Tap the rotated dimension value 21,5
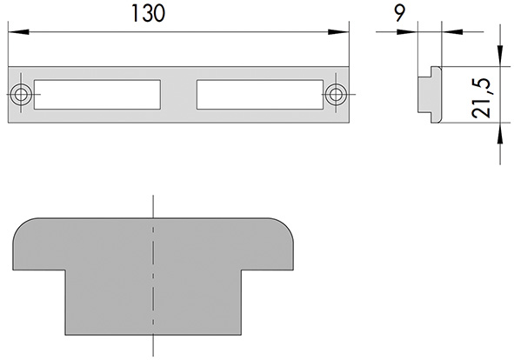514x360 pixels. pos(484,96)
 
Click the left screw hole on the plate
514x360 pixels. pos(21,94)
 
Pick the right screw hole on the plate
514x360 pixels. pos(335,94)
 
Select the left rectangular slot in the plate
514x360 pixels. pos(98,95)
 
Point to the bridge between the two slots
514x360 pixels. pos(179,95)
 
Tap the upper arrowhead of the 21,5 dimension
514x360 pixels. pos(500,60)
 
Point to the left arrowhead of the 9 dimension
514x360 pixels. pos(411,32)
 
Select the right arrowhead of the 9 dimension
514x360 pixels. pos(447,32)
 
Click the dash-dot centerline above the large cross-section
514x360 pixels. pos(152,206)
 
